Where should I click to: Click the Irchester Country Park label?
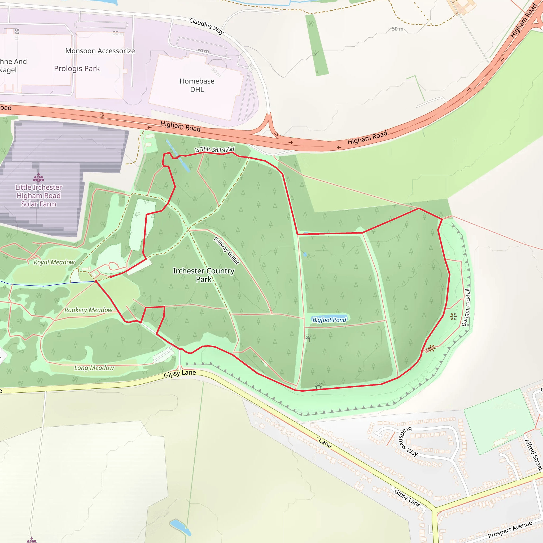(x=203, y=275)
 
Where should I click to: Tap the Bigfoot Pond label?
(x=329, y=320)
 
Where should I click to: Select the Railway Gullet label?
(x=226, y=250)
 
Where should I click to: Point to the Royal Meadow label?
(x=54, y=262)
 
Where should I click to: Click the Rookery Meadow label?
(x=89, y=310)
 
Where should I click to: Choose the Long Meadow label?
(x=94, y=368)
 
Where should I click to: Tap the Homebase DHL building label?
(x=197, y=85)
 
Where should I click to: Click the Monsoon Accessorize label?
(x=100, y=51)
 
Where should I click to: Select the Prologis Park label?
(x=77, y=69)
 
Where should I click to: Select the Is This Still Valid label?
(x=214, y=150)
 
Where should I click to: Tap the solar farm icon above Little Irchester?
(x=38, y=178)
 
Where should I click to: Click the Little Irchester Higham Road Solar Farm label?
(x=38, y=196)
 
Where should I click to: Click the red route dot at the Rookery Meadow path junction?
(x=96, y=281)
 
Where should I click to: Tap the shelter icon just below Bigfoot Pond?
(x=308, y=339)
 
